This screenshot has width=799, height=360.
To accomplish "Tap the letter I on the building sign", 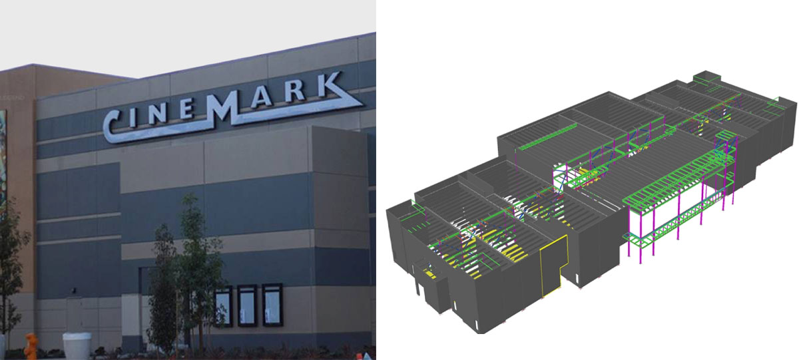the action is tap(132, 118).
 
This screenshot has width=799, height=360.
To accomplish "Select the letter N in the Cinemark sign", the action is tap(154, 113).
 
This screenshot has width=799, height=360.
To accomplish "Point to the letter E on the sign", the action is tap(186, 107).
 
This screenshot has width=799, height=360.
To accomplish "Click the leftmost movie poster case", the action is tap(223, 307).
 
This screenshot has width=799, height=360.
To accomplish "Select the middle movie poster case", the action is tap(247, 305).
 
